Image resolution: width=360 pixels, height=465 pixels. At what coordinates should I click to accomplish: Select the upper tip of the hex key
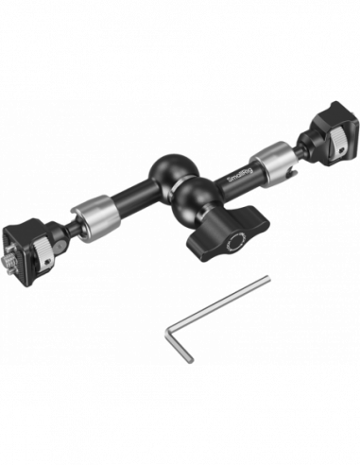point(267,276)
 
